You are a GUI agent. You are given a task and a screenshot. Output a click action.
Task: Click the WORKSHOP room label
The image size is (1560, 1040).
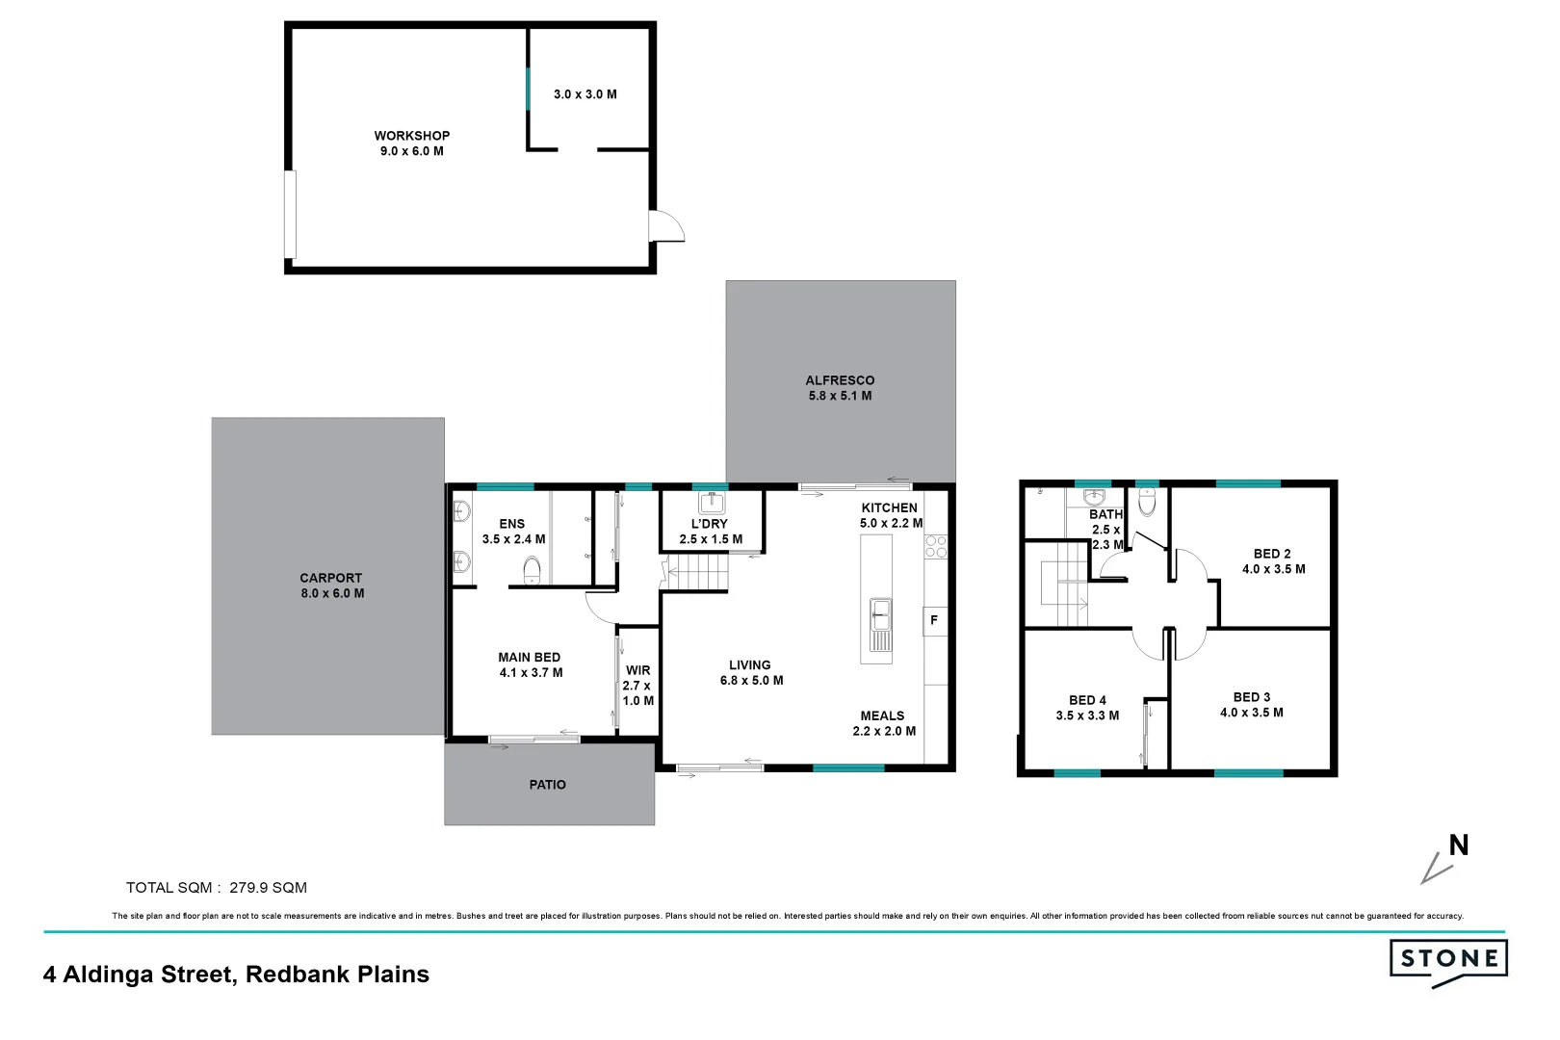[412, 136]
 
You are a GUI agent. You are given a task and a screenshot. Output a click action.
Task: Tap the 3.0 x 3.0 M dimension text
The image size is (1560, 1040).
[585, 94]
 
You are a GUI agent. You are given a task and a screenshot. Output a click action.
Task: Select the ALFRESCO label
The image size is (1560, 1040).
[840, 380]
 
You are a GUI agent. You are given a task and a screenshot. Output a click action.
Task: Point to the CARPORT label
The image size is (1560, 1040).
[330, 578]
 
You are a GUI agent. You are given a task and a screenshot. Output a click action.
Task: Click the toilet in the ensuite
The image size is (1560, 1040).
[532, 570]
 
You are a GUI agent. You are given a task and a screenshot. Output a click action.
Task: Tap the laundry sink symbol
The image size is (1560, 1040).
[712, 503]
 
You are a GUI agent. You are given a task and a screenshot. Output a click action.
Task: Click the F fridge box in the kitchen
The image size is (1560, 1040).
[934, 620]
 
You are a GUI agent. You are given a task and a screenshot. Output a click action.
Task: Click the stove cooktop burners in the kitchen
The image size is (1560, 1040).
[935, 547]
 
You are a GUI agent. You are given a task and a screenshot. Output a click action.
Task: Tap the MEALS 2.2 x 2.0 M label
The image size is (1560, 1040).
[883, 723]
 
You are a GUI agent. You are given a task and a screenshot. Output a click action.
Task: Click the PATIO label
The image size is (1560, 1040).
[547, 785]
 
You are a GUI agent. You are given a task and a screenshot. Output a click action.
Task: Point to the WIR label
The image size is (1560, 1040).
[637, 670]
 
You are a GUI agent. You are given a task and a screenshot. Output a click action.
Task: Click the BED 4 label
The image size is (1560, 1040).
[1087, 700]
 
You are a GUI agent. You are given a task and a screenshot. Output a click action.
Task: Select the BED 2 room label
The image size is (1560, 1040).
[1272, 554]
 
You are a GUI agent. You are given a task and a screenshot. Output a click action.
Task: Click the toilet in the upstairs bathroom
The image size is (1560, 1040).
[1147, 502]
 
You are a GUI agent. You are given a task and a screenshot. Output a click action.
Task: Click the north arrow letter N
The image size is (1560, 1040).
[1459, 845]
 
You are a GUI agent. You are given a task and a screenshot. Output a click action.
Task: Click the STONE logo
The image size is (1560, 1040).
[1448, 959]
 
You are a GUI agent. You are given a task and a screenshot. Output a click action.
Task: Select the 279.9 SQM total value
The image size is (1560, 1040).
[268, 888]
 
